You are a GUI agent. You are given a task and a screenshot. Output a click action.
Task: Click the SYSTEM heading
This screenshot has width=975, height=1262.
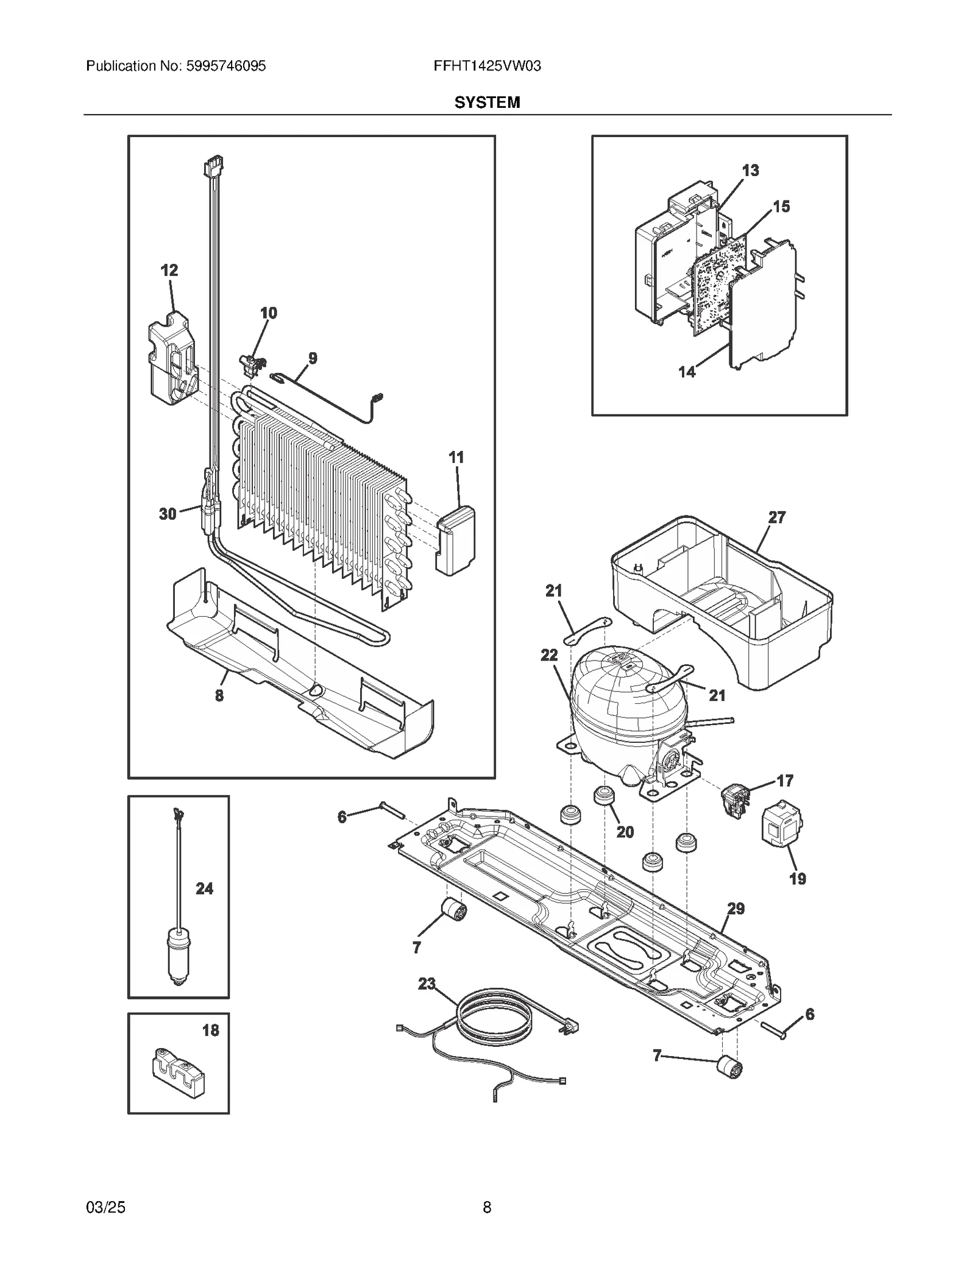click(487, 102)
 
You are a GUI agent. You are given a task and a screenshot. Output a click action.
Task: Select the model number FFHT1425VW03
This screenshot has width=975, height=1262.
click(487, 66)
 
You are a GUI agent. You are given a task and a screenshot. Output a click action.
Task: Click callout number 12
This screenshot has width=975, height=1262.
click(169, 271)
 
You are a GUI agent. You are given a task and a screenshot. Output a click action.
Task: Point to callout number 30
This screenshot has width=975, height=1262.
click(168, 514)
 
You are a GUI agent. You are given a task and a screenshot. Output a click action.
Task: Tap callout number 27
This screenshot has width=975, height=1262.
click(776, 517)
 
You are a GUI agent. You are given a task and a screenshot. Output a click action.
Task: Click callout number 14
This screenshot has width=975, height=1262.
click(687, 372)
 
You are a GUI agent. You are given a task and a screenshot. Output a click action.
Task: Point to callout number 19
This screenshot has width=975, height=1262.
click(797, 879)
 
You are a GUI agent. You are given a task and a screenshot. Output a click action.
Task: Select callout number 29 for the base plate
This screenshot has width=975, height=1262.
click(736, 909)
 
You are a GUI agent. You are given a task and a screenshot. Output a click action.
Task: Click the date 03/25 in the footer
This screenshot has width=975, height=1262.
click(106, 1207)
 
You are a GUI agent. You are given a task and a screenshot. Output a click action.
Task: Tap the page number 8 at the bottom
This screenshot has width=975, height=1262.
click(487, 1207)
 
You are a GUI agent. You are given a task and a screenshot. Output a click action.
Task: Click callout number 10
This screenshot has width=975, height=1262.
click(269, 313)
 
